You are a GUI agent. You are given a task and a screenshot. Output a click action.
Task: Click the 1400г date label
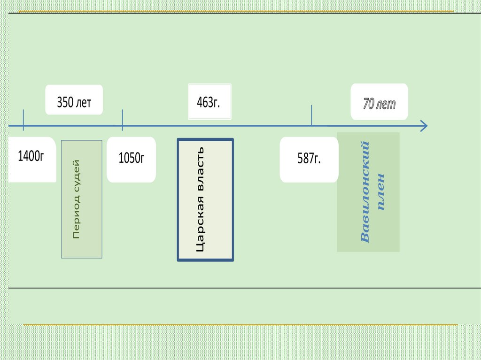pos(31,157)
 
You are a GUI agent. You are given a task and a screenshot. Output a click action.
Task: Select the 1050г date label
pos(131,159)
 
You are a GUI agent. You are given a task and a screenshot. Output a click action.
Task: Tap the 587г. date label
pos(309,159)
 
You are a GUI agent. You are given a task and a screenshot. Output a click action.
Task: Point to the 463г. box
pos(209,102)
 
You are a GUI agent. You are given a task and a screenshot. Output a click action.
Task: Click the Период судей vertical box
pos(82,199)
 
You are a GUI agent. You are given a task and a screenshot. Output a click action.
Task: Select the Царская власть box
pos(205,199)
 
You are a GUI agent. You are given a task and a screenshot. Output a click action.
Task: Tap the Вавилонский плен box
pos(368,192)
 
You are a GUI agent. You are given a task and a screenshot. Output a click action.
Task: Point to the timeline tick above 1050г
pos(123,120)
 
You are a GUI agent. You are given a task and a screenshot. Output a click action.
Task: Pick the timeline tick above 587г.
pos(311,115)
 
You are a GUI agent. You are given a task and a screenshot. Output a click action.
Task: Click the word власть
pos(200,169)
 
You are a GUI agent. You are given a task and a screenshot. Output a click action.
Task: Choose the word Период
pos(76,216)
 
